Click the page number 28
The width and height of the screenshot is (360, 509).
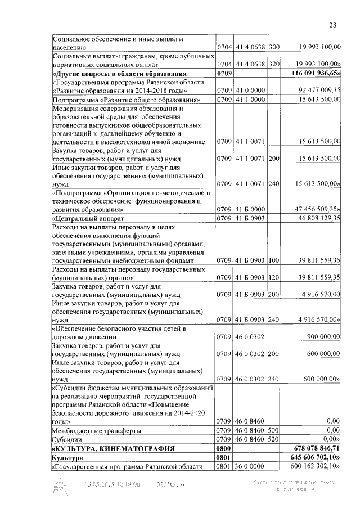coord(332,24)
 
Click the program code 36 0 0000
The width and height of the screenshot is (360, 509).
coord(250,467)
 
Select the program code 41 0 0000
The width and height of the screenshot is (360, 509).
coord(250,90)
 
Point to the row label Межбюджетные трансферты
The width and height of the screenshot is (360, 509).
coord(96,430)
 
